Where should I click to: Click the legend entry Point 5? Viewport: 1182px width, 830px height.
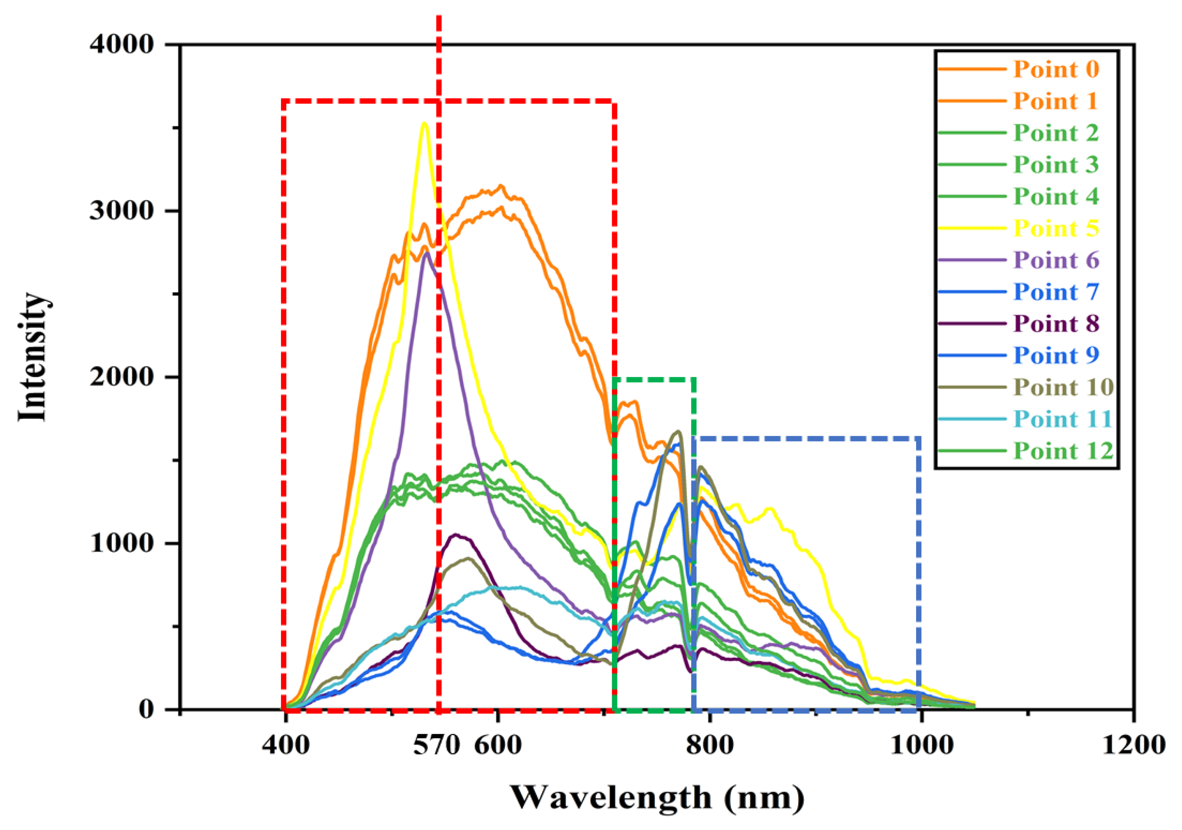[1056, 228]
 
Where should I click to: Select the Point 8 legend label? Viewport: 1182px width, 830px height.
[1056, 324]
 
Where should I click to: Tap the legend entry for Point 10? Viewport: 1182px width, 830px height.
[1063, 387]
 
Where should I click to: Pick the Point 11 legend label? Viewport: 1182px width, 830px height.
[1063, 419]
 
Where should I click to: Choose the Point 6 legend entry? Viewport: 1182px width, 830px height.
[1056, 260]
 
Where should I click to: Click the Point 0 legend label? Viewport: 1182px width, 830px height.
[1056, 69]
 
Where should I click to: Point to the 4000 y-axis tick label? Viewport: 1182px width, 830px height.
[122, 44]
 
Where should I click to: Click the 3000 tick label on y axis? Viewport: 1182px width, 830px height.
[122, 211]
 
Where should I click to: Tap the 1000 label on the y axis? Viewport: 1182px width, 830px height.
[122, 543]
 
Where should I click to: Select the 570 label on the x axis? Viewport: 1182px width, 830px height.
[436, 745]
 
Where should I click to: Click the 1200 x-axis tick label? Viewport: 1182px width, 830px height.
[1133, 745]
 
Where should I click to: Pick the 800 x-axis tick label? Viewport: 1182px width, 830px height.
[710, 745]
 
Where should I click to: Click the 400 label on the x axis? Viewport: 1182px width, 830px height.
[285, 745]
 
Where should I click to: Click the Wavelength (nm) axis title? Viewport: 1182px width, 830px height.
[657, 798]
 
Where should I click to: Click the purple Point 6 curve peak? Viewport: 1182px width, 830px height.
[427, 253]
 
